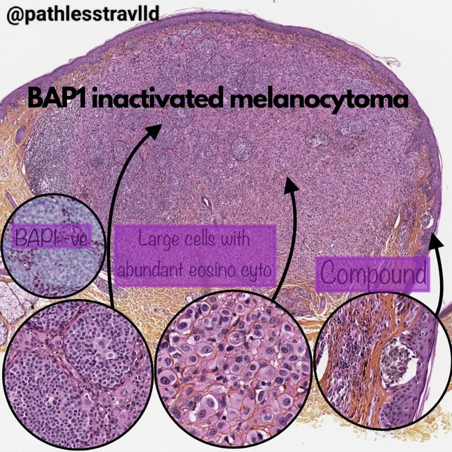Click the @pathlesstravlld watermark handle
coord(82,15)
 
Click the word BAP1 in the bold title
coord(58,99)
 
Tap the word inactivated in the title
coord(158,99)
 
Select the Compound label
coord(372,274)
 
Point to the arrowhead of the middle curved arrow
coord(290,185)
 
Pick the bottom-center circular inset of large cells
coord(234,369)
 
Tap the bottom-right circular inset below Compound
coord(383,362)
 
